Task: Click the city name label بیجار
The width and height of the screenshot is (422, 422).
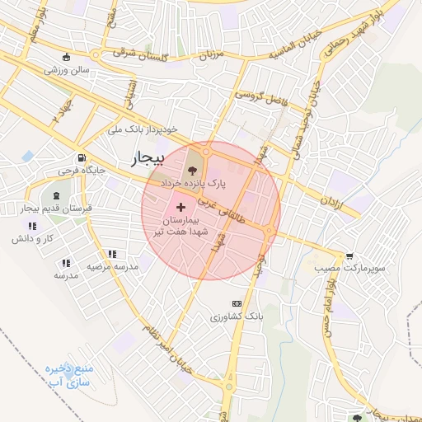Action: click(x=148, y=157)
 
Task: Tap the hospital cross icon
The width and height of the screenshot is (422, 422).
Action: click(x=181, y=200)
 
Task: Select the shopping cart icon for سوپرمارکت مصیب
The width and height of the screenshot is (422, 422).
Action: click(x=351, y=256)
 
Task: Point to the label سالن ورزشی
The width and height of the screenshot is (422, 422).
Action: click(x=67, y=71)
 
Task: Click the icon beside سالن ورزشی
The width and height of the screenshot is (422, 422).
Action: click(x=67, y=58)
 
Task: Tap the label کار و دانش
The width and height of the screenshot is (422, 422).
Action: click(x=32, y=238)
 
